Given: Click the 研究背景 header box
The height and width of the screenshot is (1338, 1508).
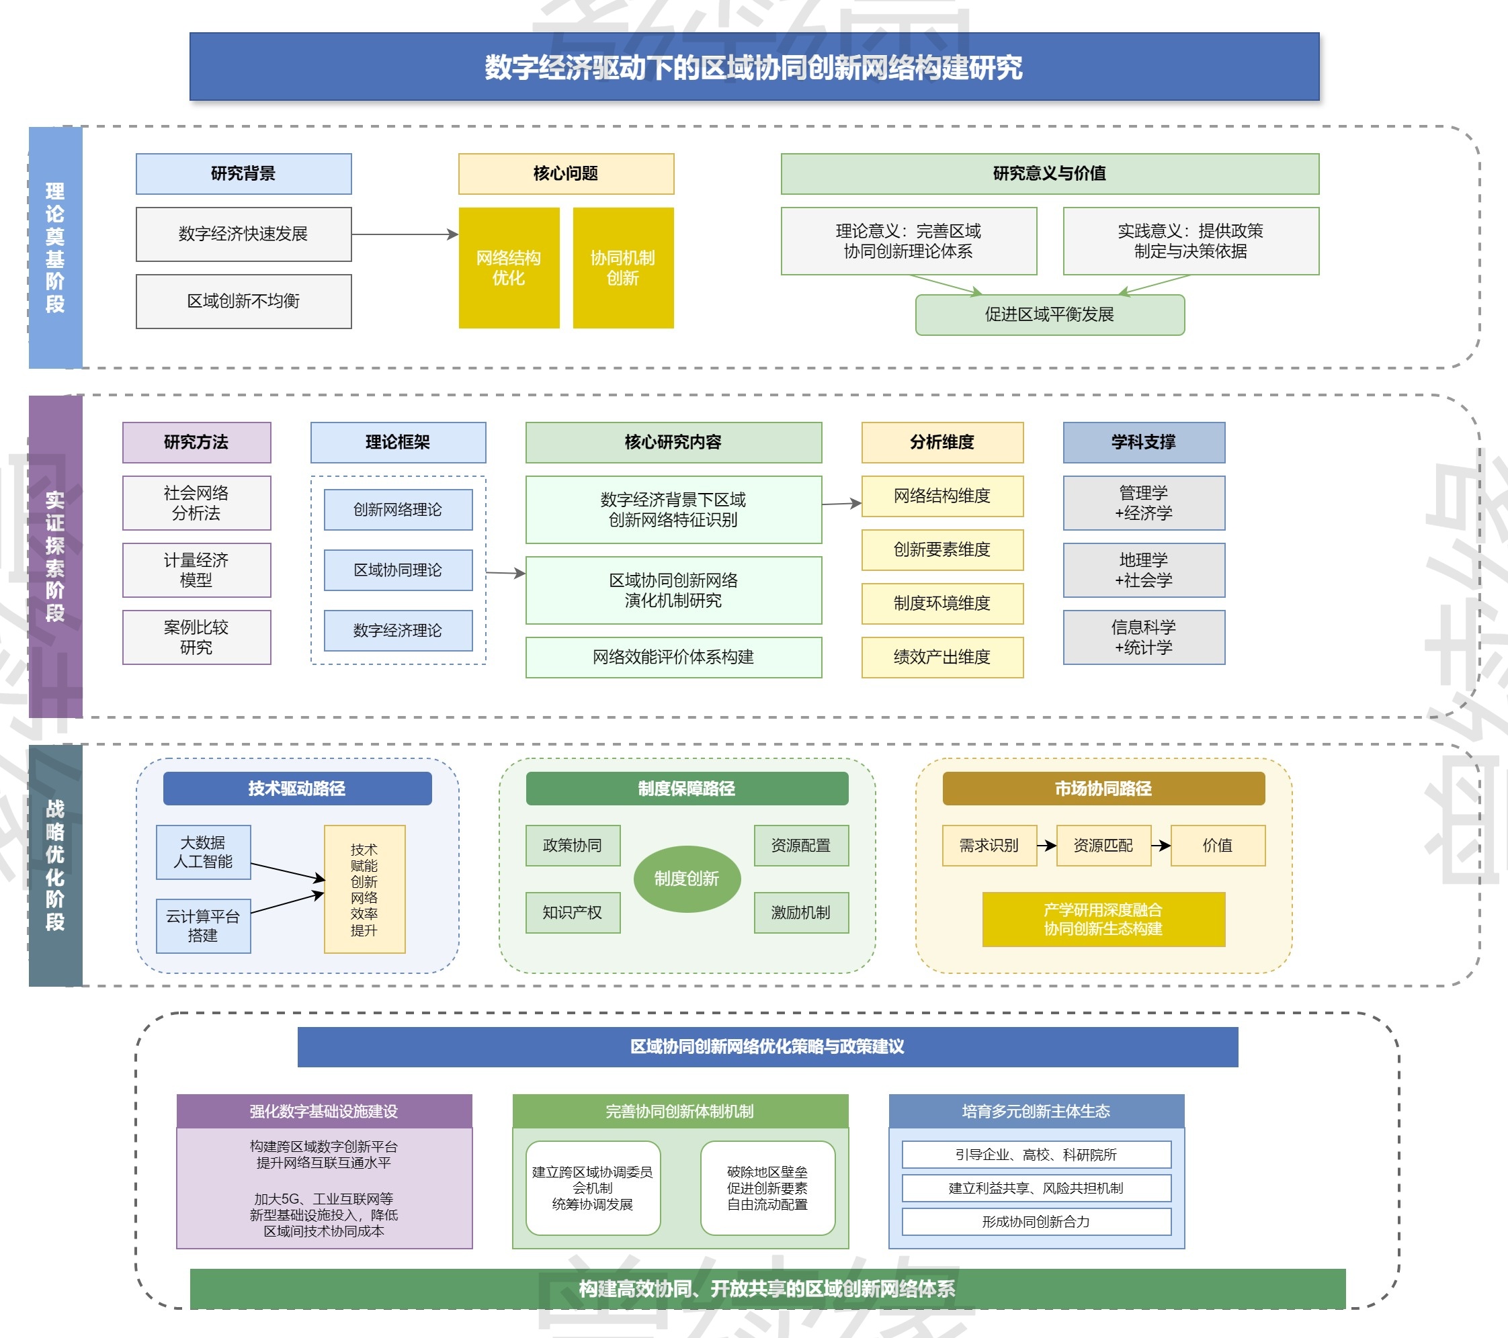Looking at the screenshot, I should pos(243,173).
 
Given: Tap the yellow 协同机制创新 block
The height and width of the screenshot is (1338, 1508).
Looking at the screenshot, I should pos(623,267).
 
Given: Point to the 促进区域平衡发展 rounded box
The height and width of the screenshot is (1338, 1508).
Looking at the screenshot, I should pos(1049,315).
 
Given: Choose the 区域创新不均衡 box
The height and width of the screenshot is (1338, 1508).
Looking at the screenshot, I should pos(243,301).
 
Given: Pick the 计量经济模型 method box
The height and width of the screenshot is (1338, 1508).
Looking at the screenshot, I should pos(196,570).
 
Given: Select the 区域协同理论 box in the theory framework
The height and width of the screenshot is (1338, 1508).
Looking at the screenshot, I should pos(398,570).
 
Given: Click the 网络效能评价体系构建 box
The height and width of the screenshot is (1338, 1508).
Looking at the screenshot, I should pos(673,657).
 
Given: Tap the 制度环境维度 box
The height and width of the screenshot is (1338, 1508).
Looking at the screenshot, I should pos(942,603).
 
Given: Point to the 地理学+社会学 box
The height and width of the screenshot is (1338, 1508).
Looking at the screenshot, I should pos(1144,570).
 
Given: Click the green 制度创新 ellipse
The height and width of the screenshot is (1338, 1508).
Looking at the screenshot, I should pos(687,879).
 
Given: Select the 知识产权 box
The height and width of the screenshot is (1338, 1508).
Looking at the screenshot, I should pos(573,912).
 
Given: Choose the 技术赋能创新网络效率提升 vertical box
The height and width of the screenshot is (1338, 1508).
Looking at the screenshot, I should pos(364,889).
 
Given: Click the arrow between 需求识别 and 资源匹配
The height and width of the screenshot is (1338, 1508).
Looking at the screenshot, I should pos(1046,845).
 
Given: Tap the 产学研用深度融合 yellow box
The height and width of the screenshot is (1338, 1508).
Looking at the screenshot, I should pos(1103,919).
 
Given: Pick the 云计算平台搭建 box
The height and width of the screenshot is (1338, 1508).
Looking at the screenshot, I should pos(203,926).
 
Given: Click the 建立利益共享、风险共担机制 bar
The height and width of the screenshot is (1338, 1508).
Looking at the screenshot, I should pos(1036,1188).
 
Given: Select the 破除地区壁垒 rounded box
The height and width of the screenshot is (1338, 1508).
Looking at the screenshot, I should pos(767,1188).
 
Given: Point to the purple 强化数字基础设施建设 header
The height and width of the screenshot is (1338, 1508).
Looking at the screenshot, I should pos(324,1111).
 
